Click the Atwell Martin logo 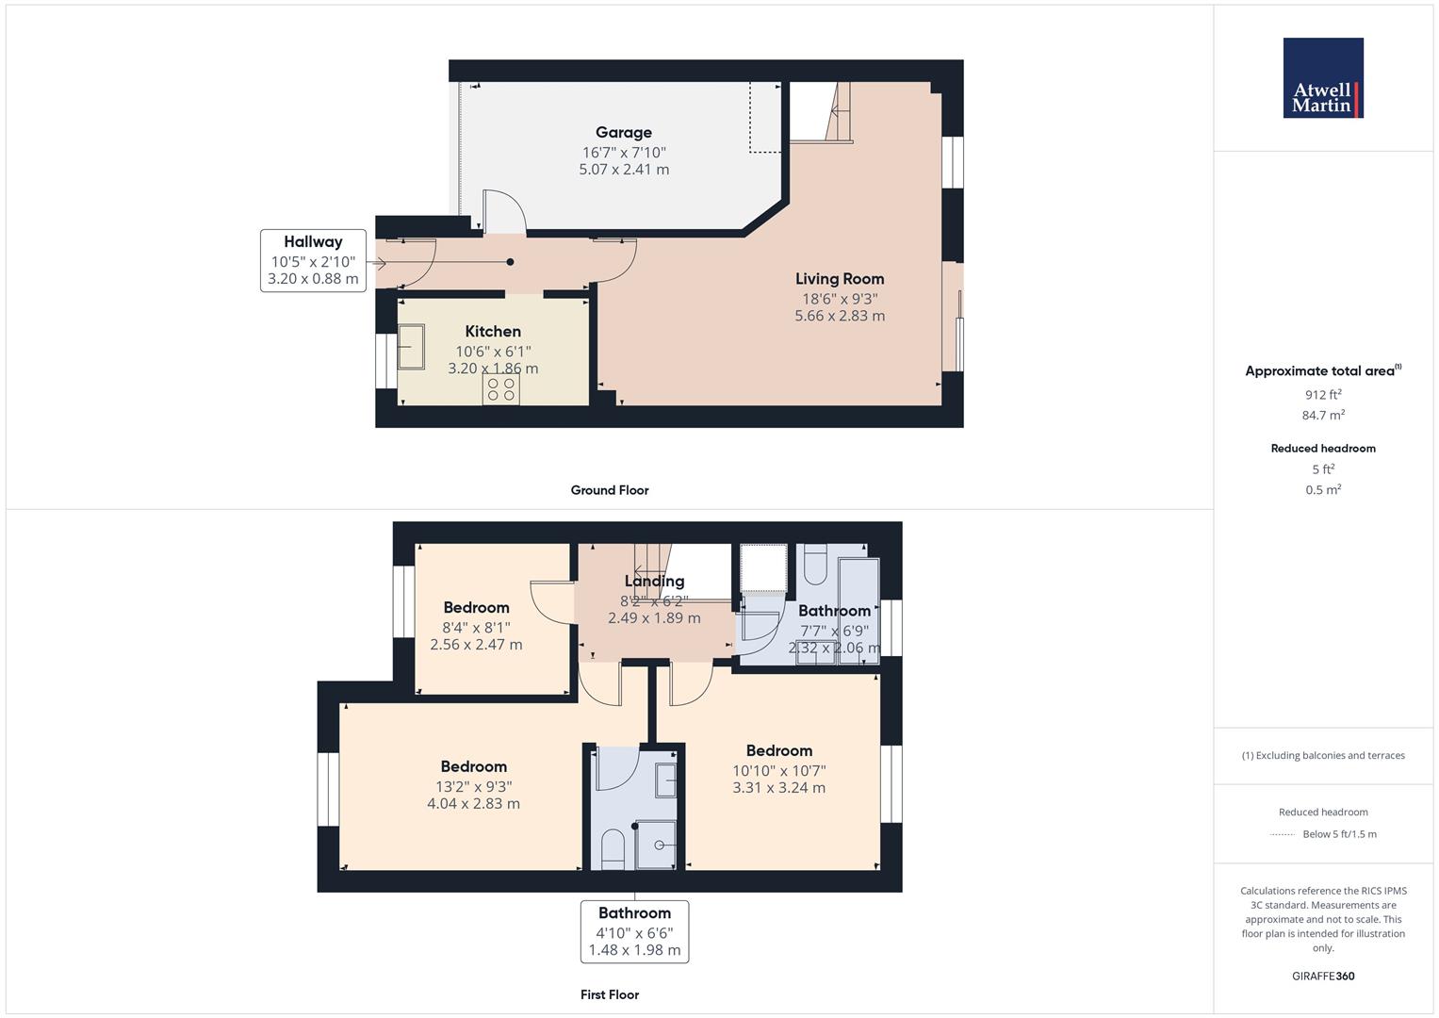pos(1323,77)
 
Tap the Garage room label pos(623,132)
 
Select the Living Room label pos(840,279)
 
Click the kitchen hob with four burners pos(501,388)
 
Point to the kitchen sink pos(411,347)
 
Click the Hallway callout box pos(313,260)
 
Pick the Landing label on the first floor pos(654,581)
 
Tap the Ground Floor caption pos(610,490)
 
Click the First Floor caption pos(610,994)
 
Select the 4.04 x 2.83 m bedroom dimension pos(473,803)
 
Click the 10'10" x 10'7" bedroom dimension pos(779,770)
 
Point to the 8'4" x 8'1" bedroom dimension pos(476,627)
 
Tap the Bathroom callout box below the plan pos(635,931)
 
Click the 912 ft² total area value pos(1323,395)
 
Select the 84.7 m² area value pos(1323,415)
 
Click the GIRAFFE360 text pos(1323,977)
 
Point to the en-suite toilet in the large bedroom pos(613,849)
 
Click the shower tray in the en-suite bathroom pos(655,846)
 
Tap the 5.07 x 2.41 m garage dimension pos(624,169)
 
